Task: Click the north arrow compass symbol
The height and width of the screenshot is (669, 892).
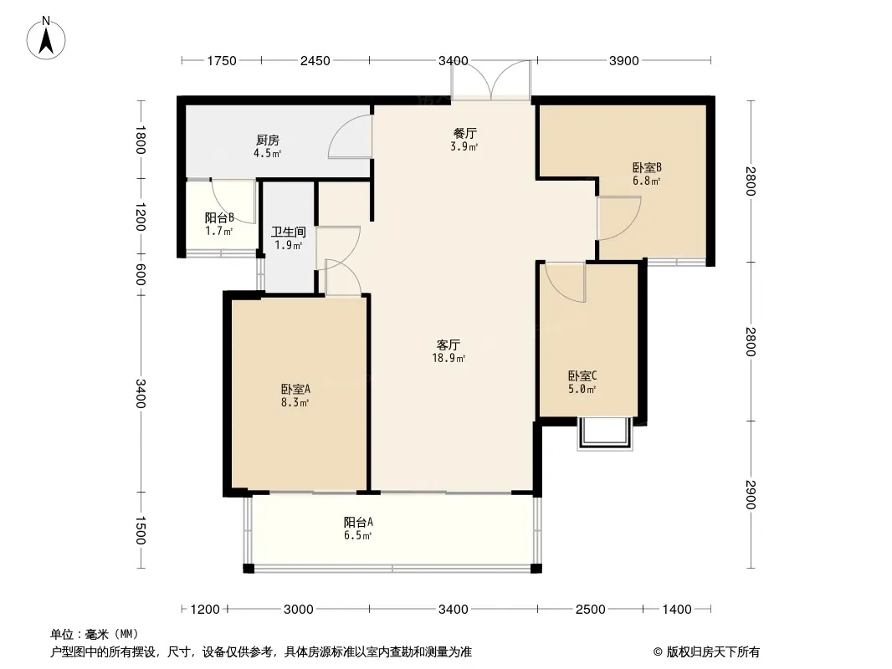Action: point(46,38)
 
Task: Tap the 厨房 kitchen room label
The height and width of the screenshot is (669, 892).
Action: point(268,140)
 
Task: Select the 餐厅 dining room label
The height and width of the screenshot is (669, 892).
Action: point(464,133)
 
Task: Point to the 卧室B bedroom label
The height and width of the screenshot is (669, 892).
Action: point(647,168)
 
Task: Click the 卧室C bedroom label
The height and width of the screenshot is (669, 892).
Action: point(582,375)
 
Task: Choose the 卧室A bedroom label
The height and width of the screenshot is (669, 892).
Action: point(295,390)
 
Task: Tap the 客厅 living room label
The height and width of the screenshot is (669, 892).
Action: point(449,345)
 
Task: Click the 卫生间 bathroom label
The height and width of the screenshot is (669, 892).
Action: point(289,232)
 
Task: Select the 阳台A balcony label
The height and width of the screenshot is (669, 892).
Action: point(358,522)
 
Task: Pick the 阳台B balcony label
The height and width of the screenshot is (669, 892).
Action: point(219,217)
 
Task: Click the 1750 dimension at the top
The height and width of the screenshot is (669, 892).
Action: point(221,60)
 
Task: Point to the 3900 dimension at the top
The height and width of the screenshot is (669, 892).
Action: point(624,60)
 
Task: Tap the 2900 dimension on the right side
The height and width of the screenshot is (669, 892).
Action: point(751,494)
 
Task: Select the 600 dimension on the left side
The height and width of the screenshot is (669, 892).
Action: point(141,275)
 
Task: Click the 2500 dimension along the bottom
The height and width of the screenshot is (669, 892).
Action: point(590,610)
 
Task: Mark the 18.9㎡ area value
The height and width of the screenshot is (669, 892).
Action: point(449,358)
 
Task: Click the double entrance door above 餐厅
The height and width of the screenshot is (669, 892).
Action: point(491,80)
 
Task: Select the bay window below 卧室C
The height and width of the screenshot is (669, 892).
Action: point(605,434)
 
